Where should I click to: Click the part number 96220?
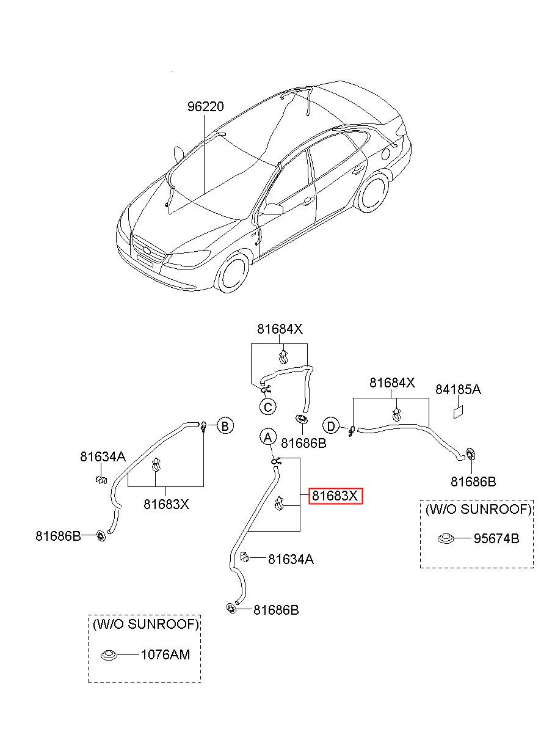(205, 106)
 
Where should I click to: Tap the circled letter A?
(267, 438)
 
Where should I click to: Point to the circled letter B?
(225, 426)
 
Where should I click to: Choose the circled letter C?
(267, 407)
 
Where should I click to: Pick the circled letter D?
(331, 426)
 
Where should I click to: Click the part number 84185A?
(458, 389)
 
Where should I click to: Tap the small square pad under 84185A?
(459, 412)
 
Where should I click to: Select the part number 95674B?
(496, 538)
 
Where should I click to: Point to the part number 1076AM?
(165, 654)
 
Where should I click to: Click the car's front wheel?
(233, 273)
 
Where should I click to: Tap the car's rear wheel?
(373, 192)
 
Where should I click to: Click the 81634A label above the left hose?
(103, 456)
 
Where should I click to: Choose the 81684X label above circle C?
(280, 329)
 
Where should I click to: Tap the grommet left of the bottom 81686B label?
(231, 608)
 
